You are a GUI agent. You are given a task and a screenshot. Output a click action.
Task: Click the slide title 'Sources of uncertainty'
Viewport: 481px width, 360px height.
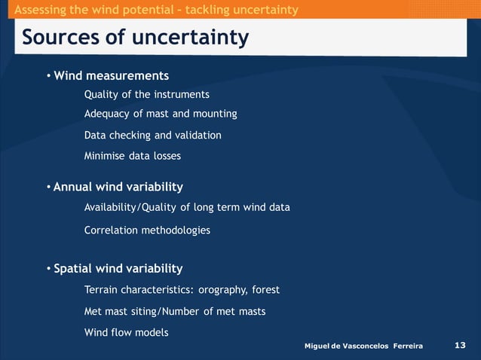135,37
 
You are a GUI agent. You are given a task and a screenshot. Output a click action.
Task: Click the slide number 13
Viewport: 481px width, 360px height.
461,345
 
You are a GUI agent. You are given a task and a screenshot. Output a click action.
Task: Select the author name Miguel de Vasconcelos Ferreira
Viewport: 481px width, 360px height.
363,346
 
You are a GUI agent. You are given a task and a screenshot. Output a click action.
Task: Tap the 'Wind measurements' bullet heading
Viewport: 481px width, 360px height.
111,76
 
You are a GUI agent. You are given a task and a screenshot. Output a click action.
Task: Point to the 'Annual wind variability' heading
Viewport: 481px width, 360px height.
118,187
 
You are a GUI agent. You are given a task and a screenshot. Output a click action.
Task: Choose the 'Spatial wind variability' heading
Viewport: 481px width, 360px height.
118,269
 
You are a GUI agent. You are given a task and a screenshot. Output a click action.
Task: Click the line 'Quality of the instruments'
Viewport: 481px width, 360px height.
146,95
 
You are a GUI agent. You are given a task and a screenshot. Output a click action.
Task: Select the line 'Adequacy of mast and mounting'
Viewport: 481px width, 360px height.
161,114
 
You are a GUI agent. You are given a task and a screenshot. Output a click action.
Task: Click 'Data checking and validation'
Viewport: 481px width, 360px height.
152,136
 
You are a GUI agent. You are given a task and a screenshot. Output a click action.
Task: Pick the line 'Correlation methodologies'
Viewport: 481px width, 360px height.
147,230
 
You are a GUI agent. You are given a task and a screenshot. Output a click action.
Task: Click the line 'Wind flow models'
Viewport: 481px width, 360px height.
126,333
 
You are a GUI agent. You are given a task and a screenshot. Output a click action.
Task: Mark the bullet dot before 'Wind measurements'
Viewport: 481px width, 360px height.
47,77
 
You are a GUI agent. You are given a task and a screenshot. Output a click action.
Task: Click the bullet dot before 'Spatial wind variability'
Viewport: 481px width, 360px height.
47,270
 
